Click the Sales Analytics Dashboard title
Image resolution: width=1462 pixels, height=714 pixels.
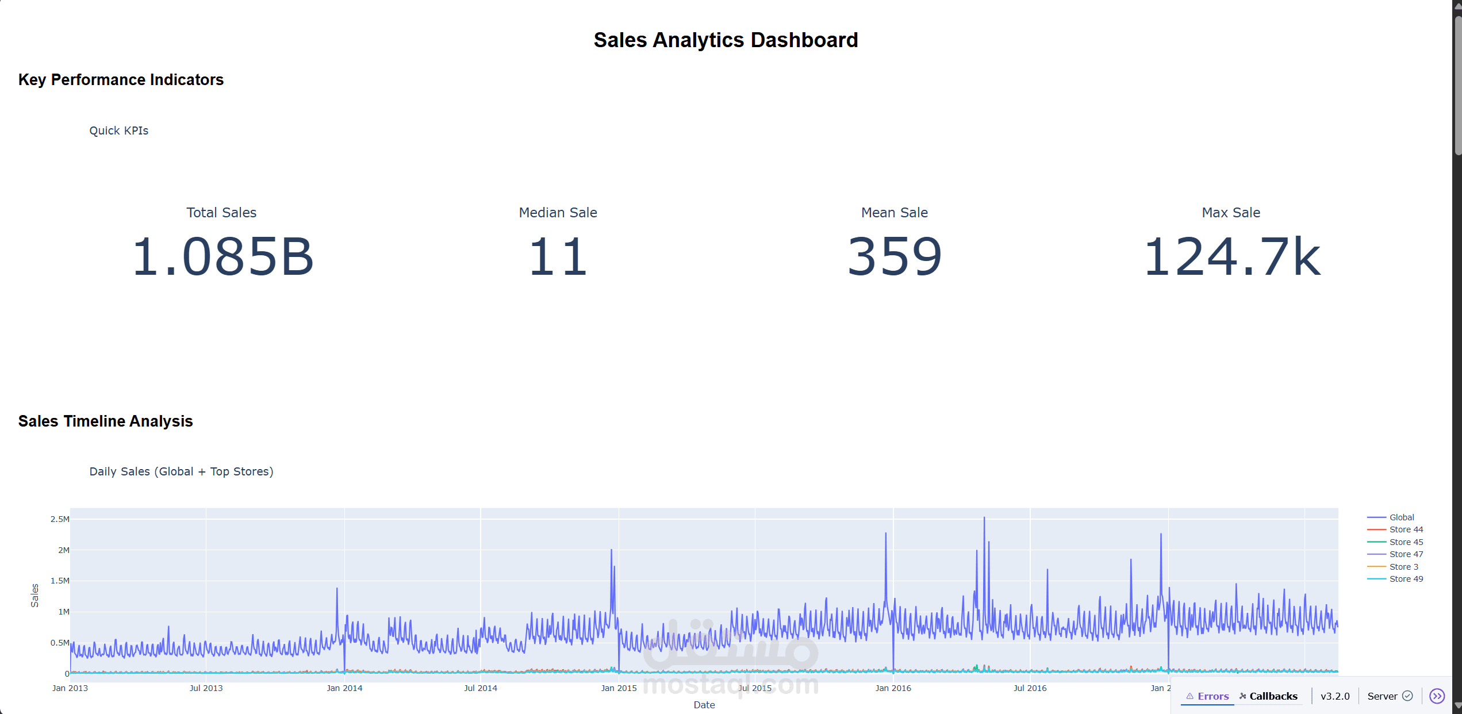click(x=726, y=40)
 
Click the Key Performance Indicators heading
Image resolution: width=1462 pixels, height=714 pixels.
click(x=121, y=79)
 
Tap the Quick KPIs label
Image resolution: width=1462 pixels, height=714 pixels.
click(x=118, y=130)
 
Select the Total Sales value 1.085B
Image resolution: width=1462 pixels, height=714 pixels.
click(x=222, y=257)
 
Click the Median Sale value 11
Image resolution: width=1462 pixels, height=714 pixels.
click(x=558, y=257)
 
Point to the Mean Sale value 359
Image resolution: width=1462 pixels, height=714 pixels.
click(x=894, y=257)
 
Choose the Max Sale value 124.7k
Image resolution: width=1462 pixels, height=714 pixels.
click(x=1231, y=257)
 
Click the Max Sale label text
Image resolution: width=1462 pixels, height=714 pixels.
click(x=1231, y=213)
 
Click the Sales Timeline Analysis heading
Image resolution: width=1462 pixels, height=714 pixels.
click(x=105, y=421)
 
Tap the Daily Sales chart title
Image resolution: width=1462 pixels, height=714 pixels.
click(x=181, y=471)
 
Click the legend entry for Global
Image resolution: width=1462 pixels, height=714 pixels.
click(x=1401, y=517)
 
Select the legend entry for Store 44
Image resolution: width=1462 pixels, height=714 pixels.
click(x=1406, y=529)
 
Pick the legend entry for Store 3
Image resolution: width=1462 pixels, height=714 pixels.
click(x=1403, y=567)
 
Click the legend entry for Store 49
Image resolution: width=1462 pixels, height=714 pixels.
click(x=1406, y=579)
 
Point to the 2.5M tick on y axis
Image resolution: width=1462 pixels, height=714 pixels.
click(x=60, y=519)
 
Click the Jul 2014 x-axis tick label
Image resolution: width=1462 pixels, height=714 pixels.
click(x=481, y=688)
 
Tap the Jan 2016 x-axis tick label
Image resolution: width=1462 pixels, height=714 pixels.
click(x=893, y=688)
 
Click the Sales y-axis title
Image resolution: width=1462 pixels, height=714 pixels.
click(x=34, y=596)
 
